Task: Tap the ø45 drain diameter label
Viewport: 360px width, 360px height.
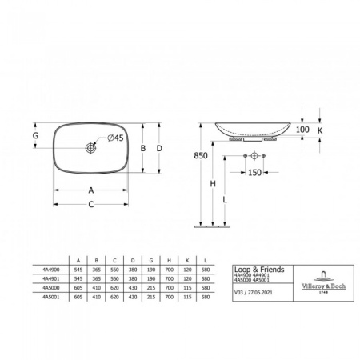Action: pos(115,138)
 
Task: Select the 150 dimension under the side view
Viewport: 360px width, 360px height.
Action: pos(256,171)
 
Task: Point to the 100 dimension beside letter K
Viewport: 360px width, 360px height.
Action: pos(302,129)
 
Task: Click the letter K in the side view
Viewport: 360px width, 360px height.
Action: pos(320,129)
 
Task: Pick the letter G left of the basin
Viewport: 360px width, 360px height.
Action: pos(34,137)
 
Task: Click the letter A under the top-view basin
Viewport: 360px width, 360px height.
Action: pos(91,190)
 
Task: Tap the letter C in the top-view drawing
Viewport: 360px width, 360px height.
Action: pos(91,204)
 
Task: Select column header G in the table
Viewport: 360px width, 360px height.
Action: pos(152,260)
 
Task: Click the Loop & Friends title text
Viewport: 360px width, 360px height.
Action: pos(254,270)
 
